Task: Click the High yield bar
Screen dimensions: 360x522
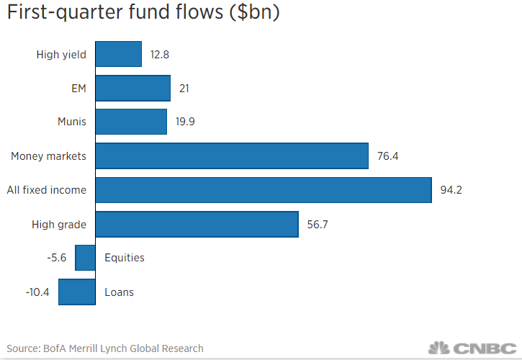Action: coord(118,54)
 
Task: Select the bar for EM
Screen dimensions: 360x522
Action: coord(132,88)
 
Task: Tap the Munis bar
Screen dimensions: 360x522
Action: coord(131,122)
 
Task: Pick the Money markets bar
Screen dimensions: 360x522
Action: coord(232,156)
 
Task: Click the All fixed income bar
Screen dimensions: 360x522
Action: coord(264,190)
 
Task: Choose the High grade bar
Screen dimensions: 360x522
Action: coord(197,224)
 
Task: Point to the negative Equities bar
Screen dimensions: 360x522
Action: coord(86,258)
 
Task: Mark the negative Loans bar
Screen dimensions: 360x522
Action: coord(77,292)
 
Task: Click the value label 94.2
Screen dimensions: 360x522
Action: coord(451,190)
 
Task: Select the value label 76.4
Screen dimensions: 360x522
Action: coord(387,156)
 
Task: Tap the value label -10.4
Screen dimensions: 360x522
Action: coord(38,292)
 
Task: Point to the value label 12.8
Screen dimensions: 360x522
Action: coord(161,54)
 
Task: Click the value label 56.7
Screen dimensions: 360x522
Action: coord(318,224)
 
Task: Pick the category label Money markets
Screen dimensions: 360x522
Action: coord(48,156)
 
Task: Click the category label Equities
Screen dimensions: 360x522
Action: coord(125,258)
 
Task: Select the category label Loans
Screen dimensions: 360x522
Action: coord(119,292)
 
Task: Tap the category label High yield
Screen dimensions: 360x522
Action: coord(61,54)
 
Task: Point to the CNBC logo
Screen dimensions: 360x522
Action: coord(471,348)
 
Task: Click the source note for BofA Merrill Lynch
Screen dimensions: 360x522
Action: coord(105,348)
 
